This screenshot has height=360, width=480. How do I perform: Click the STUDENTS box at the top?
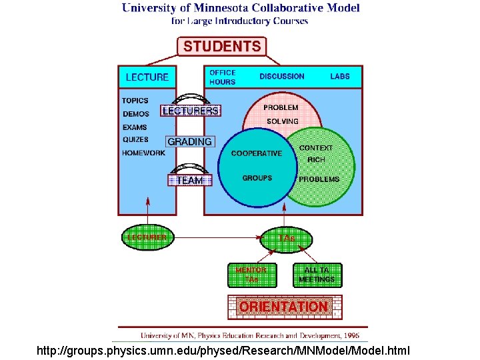(222, 47)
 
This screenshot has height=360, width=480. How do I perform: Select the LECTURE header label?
(147, 77)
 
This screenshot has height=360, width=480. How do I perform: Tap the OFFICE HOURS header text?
(223, 77)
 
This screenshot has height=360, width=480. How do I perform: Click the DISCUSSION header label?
(281, 77)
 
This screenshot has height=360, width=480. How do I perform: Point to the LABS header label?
(339, 77)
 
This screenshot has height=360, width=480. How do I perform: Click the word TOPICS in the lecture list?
(135, 101)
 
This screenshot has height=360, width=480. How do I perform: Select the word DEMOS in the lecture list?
(136, 114)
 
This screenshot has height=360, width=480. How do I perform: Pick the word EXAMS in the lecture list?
(135, 127)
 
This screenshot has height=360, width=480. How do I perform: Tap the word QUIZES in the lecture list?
(136, 139)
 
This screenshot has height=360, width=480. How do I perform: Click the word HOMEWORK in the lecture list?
(143, 153)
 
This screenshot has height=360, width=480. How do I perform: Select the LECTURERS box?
(191, 111)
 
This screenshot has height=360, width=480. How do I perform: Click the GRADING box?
(190, 142)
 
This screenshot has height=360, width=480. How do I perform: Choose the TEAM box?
(190, 180)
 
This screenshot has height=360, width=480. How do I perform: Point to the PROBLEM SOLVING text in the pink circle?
(281, 114)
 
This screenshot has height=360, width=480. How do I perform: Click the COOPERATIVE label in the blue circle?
(256, 153)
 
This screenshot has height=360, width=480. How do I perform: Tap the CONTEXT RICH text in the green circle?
(316, 154)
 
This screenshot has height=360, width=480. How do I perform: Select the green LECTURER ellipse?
(147, 237)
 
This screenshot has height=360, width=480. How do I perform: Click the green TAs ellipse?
(286, 239)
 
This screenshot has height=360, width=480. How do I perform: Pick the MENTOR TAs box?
(251, 275)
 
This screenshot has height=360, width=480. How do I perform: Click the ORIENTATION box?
(284, 307)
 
